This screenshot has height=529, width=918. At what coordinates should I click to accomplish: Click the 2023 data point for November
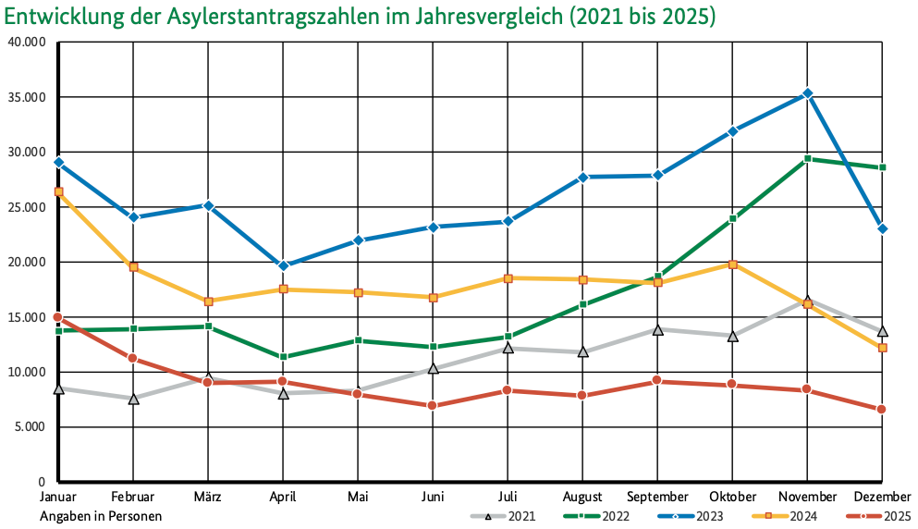pyautogui.click(x=807, y=93)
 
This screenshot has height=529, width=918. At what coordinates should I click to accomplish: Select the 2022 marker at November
pyautogui.click(x=807, y=159)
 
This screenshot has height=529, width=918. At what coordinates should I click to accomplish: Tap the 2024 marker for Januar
pyautogui.click(x=58, y=191)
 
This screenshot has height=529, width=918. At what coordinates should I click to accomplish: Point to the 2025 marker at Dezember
pyautogui.click(x=882, y=410)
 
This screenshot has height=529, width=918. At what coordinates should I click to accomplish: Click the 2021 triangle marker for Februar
pyautogui.click(x=133, y=399)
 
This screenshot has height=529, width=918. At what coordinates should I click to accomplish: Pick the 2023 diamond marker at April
pyautogui.click(x=283, y=266)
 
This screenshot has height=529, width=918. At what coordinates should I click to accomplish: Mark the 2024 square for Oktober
pyautogui.click(x=732, y=264)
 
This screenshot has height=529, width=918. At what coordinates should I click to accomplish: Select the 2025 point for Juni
pyautogui.click(x=433, y=406)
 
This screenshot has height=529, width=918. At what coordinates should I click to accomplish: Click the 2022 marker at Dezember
pyautogui.click(x=882, y=167)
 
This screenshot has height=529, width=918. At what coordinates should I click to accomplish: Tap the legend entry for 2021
pyautogui.click(x=504, y=516)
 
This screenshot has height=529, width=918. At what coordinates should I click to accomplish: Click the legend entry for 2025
pyautogui.click(x=877, y=516)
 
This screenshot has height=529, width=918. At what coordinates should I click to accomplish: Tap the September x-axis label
pyautogui.click(x=657, y=498)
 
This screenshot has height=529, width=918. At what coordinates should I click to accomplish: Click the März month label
pyautogui.click(x=208, y=498)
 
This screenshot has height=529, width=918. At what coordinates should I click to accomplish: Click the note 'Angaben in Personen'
pyautogui.click(x=101, y=516)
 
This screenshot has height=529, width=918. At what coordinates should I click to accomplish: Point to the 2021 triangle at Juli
pyautogui.click(x=508, y=348)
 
